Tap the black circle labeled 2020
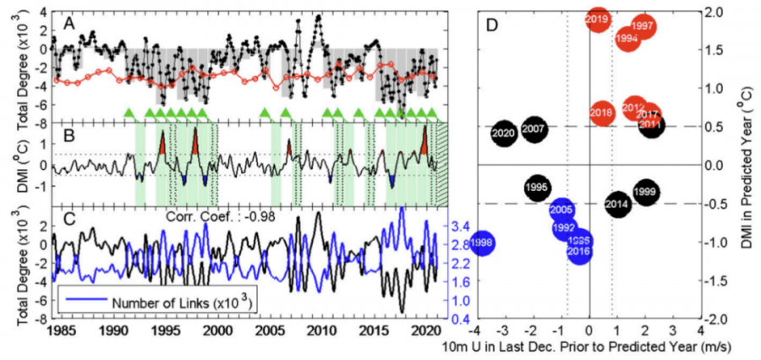click(503, 134)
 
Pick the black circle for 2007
click(534, 129)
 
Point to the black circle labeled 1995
click(536, 187)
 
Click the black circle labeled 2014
click(617, 204)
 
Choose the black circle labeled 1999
click(645, 193)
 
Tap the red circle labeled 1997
click(643, 26)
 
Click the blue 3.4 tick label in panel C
click(455, 226)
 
